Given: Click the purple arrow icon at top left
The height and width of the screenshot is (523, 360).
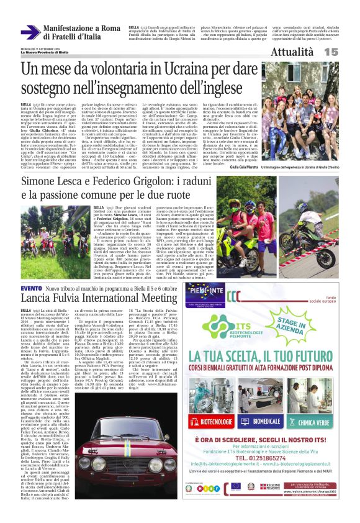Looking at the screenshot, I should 31,32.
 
